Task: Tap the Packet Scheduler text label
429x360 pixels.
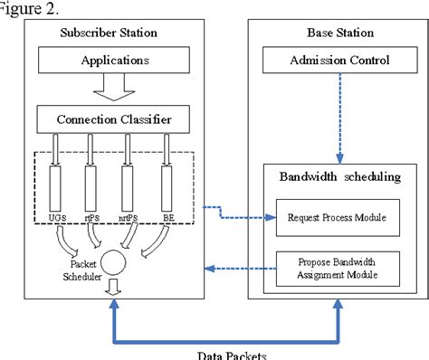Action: pos(73,270)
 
